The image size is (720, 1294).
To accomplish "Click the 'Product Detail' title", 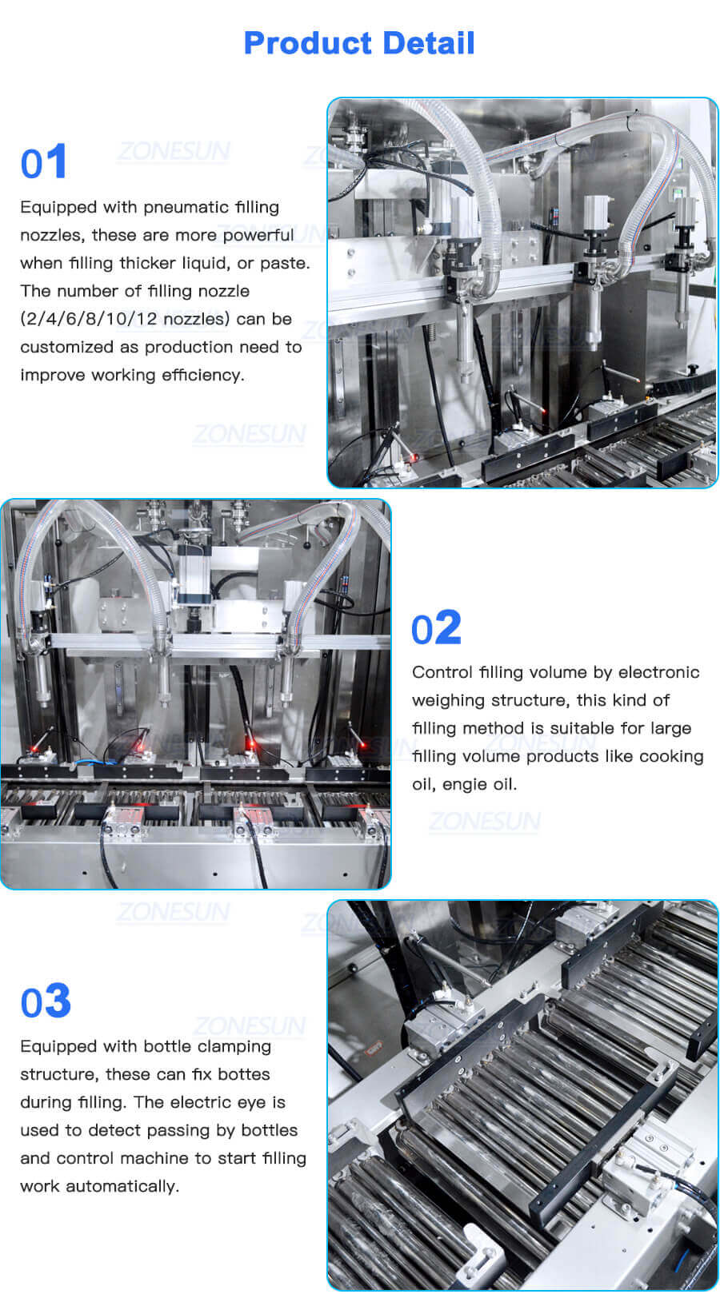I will [359, 43].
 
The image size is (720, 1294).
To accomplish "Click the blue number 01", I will [44, 162].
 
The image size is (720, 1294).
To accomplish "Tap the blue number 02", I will [436, 628].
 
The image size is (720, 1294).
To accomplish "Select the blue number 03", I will [46, 1001].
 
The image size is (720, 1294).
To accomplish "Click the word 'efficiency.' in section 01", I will [202, 375].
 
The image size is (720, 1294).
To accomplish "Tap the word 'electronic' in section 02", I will [658, 672].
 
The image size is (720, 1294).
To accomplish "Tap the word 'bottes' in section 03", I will [243, 1074].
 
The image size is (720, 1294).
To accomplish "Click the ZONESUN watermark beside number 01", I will [173, 151].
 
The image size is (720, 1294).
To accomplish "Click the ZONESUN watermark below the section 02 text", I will [484, 821].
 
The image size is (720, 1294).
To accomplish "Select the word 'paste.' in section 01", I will [285, 263].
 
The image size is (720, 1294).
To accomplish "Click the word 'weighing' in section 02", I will [448, 701].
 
